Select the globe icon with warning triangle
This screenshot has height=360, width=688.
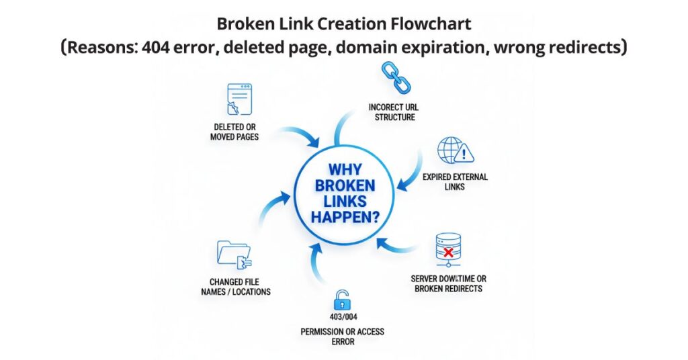(x=455, y=151)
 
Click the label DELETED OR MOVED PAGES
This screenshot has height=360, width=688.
(x=234, y=132)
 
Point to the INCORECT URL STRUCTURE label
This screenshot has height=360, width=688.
(x=391, y=112)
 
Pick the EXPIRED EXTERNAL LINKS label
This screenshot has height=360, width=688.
(x=455, y=182)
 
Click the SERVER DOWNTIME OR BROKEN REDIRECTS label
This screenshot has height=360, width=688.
(x=447, y=283)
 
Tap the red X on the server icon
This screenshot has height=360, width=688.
(x=449, y=252)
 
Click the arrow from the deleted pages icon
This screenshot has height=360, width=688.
(x=296, y=135)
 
